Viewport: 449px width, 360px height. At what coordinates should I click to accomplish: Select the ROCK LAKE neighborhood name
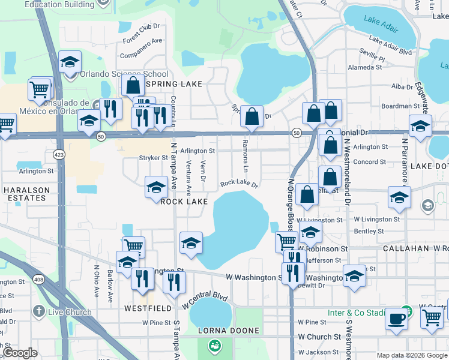click(184, 202)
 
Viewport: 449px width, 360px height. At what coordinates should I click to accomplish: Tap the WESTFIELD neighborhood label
click(144, 308)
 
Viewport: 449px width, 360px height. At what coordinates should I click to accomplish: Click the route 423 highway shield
click(59, 154)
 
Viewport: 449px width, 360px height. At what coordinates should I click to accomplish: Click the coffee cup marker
click(396, 319)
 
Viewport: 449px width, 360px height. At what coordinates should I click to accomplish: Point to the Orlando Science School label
click(125, 74)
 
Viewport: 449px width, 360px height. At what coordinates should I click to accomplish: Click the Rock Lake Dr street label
click(239, 184)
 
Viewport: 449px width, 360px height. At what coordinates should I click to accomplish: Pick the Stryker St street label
click(154, 158)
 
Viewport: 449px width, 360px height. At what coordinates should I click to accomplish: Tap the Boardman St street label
click(400, 106)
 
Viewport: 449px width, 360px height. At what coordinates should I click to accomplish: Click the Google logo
click(20, 353)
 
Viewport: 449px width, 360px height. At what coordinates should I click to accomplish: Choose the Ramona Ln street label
click(245, 154)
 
